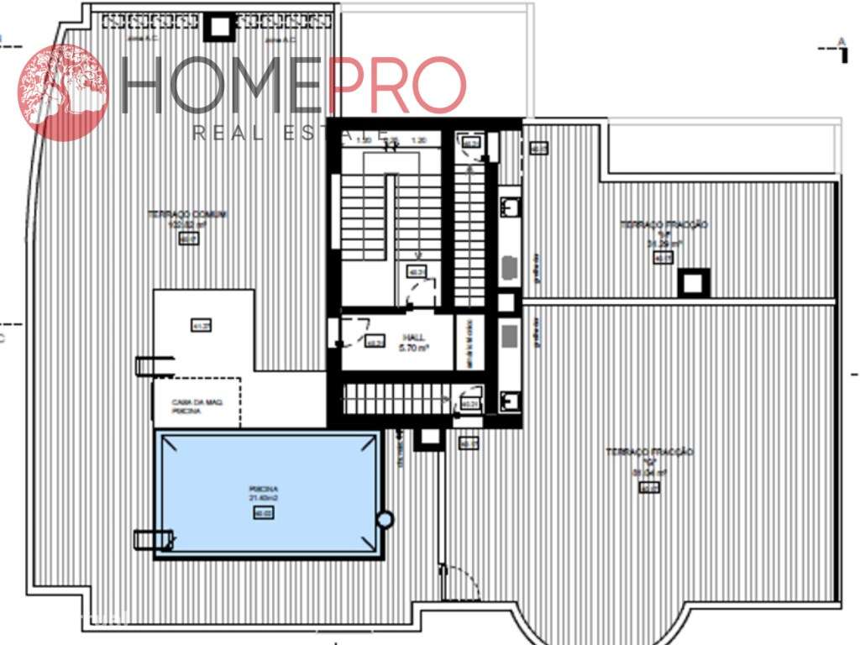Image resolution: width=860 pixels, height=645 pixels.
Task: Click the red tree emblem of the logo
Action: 63,92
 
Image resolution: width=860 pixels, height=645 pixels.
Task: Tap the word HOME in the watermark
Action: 223,87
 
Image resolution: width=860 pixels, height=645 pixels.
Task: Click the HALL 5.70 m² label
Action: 414,342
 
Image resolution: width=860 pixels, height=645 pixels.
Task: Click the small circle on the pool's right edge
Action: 385,520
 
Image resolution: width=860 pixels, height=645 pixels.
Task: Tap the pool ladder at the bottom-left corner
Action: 154,539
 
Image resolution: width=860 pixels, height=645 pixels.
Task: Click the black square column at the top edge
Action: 220,27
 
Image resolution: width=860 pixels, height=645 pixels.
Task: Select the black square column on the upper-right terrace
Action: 694,283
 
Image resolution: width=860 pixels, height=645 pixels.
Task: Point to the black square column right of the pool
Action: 429,437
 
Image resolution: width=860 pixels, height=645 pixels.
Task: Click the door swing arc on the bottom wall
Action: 460,584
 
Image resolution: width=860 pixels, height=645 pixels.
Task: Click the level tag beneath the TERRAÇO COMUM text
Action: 188,239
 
